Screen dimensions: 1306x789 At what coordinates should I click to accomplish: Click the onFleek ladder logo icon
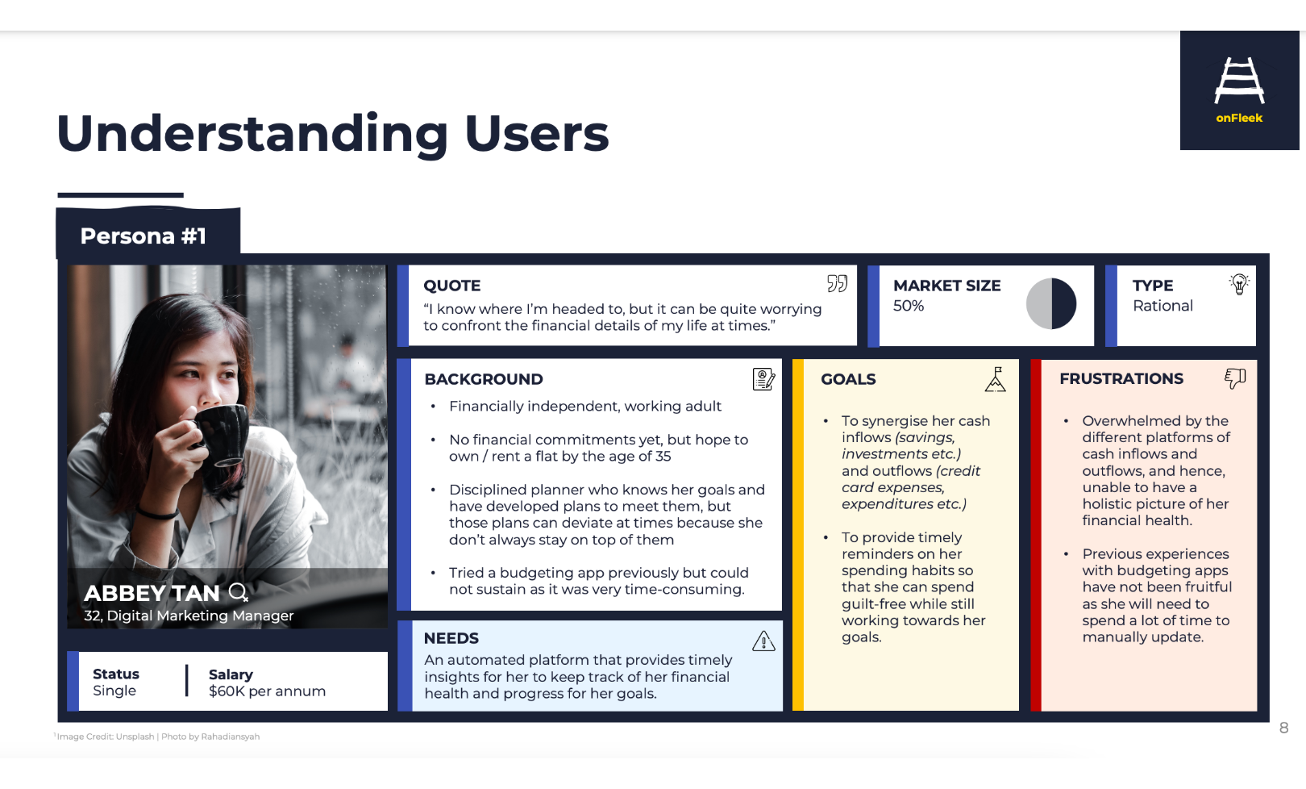point(1239,81)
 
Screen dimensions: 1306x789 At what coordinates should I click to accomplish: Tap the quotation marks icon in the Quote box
point(838,284)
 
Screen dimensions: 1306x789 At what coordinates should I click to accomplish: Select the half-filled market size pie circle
point(1050,303)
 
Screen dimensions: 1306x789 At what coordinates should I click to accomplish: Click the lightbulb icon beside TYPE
point(1239,284)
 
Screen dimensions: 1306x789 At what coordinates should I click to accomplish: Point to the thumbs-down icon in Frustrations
point(1235,378)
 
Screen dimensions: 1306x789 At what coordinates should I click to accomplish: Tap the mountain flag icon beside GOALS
point(996,379)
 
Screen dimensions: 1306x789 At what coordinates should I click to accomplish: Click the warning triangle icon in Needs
point(763,641)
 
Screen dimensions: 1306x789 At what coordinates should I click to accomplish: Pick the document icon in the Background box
point(763,379)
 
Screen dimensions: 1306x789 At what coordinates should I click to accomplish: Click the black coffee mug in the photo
point(223,433)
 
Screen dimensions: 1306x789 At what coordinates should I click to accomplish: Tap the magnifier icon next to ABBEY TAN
point(239,593)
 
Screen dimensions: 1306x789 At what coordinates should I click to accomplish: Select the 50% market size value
point(909,306)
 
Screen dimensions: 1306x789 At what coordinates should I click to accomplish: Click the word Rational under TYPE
point(1163,306)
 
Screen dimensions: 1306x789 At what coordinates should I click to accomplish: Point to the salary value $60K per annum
point(267,691)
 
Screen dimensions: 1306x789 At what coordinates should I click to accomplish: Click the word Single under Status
point(114,691)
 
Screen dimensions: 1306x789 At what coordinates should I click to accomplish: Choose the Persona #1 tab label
point(143,236)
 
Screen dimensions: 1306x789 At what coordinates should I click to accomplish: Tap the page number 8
point(1284,728)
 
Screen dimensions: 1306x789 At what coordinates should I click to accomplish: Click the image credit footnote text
point(157,737)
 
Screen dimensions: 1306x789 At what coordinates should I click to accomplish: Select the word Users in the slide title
point(536,133)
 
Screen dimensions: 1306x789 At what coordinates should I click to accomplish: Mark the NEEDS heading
point(451,638)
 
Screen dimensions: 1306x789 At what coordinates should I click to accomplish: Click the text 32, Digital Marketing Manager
point(189,616)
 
